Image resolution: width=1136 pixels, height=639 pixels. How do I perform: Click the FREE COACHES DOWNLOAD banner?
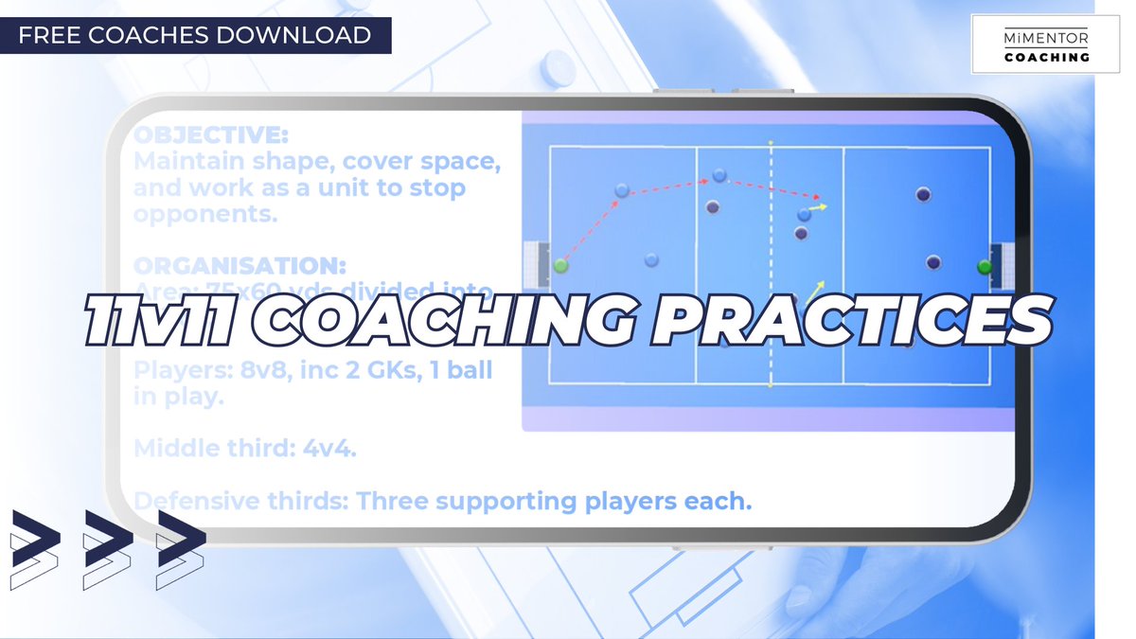point(194,36)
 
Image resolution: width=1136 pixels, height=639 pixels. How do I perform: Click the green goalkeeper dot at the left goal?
point(560,266)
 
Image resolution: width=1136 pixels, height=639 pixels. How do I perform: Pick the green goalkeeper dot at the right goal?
point(985,266)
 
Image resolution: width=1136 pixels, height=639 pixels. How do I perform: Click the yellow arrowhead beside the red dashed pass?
point(823,205)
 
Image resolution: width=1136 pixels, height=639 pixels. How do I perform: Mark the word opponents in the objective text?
point(204,214)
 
